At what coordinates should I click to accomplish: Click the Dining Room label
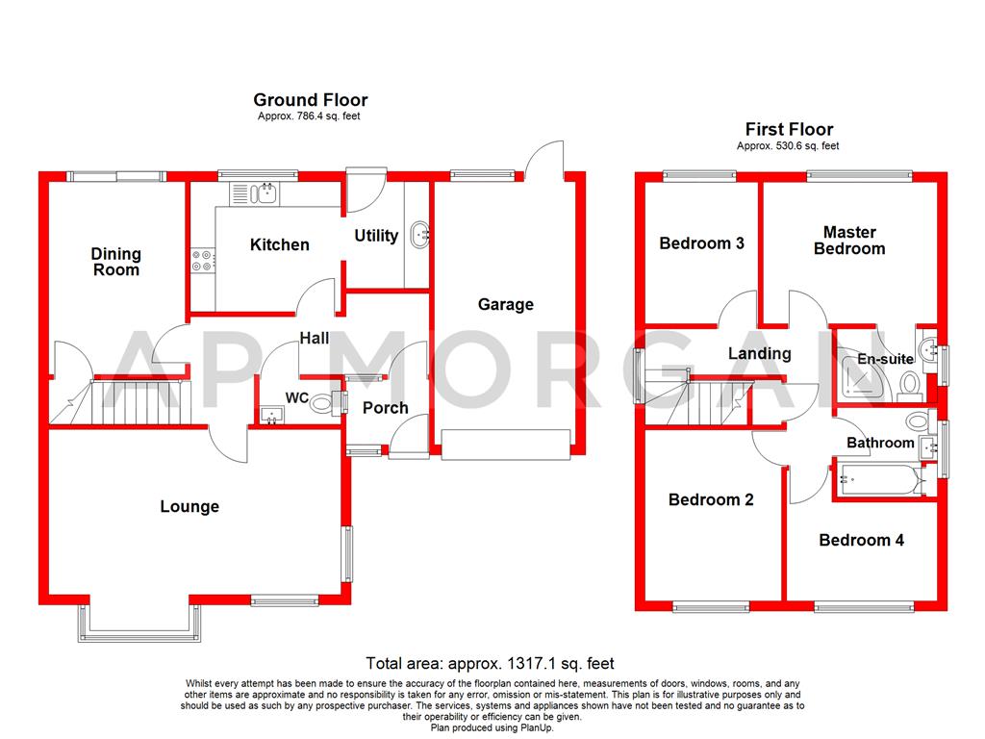pos(116,262)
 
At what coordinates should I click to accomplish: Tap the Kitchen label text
pos(279,244)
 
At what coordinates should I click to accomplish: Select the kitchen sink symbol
pos(256,193)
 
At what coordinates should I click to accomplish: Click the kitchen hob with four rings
pos(203,259)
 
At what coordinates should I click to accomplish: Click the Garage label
pos(506,304)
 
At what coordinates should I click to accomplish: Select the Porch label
pos(385,408)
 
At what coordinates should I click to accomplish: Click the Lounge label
pos(189,506)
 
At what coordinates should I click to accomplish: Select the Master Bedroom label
pos(849,241)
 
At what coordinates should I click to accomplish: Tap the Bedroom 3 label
pos(701,243)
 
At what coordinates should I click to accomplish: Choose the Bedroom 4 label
pos(861,540)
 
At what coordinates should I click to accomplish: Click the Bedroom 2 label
pos(711,499)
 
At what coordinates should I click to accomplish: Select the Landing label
pos(759,353)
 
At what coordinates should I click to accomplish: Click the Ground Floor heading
pos(310,99)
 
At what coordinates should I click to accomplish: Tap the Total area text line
pos(490,663)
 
